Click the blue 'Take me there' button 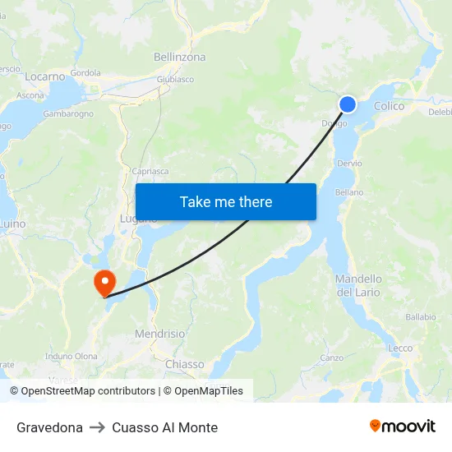tap(225, 202)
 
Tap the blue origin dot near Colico tap(348, 104)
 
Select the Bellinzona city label tap(179, 58)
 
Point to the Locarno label tap(44, 76)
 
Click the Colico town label tap(389, 106)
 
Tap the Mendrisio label tap(159, 334)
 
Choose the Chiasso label tap(184, 364)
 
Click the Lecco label tap(400, 348)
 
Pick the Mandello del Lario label tap(358, 286)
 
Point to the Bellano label tap(349, 192)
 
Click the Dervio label tap(349, 164)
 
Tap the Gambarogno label tap(68, 114)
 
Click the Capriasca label tap(150, 172)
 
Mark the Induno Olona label tap(71, 356)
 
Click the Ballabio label tap(420, 316)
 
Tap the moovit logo tap(403, 427)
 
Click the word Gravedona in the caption tap(49, 427)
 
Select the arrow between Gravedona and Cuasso tap(97, 427)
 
